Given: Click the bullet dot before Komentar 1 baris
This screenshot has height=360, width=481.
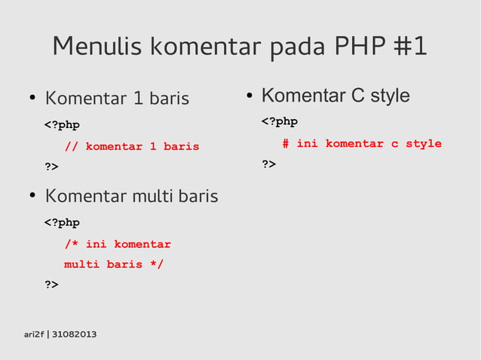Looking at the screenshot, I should click(x=32, y=99).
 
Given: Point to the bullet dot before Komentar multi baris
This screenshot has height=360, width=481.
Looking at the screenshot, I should click(x=32, y=197).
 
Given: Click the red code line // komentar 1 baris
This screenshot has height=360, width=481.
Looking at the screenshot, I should click(x=132, y=146).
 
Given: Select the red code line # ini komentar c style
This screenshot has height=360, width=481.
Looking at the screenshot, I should click(x=362, y=143).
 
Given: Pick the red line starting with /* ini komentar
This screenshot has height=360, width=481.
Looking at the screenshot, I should click(x=118, y=244).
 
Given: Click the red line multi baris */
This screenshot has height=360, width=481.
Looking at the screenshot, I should click(x=114, y=264).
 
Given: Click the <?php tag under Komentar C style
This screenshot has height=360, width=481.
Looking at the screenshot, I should click(x=280, y=121).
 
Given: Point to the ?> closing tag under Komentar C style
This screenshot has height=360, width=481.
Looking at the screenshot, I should click(x=268, y=163).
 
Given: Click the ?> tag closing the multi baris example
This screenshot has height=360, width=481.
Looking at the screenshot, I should click(x=51, y=285).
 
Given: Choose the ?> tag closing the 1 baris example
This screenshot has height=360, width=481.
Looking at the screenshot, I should click(x=51, y=166).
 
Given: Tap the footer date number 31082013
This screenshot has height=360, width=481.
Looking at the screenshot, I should click(x=74, y=334).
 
